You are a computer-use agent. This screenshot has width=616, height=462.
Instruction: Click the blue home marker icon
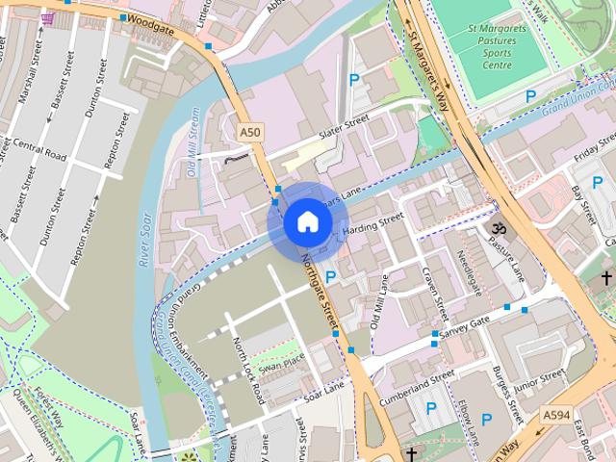(x=307, y=221)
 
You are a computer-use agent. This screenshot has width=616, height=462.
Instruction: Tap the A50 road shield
(x=249, y=131)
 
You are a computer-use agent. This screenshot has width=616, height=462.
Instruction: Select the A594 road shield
(x=556, y=415)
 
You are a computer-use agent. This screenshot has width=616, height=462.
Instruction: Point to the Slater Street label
(x=343, y=126)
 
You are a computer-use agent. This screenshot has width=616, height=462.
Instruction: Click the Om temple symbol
(x=499, y=231)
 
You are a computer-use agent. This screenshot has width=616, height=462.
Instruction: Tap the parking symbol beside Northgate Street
(x=330, y=277)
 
